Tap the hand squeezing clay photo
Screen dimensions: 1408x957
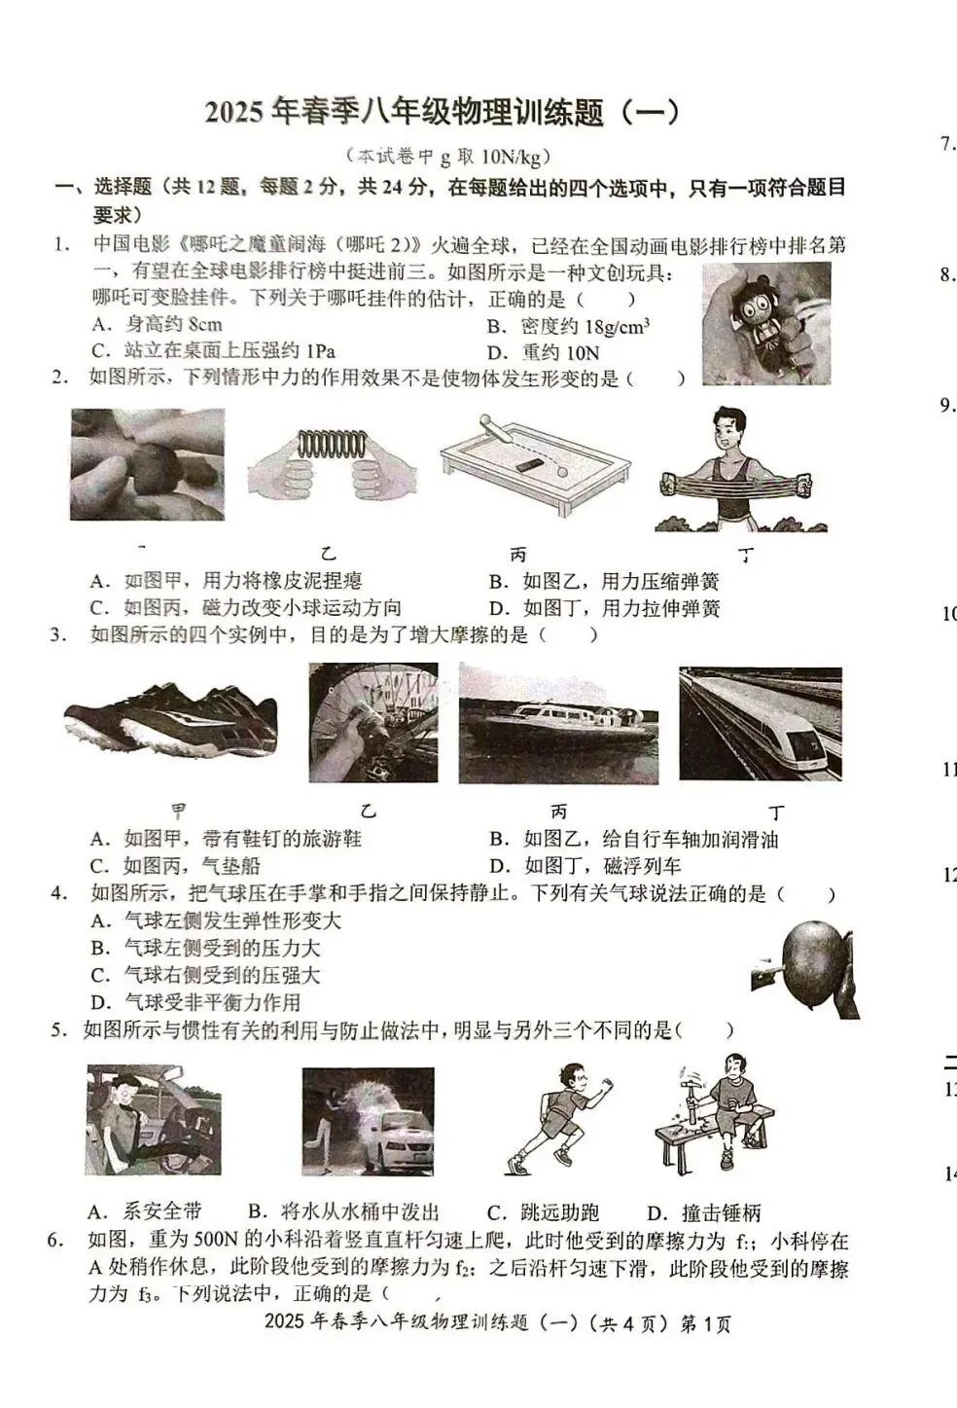pyautogui.click(x=147, y=464)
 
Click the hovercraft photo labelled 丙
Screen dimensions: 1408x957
pyautogui.click(x=558, y=724)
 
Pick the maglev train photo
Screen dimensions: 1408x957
pyautogui.click(x=760, y=724)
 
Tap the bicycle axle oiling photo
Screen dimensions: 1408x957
pyautogui.click(x=372, y=723)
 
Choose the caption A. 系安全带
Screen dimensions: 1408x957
pyautogui.click(x=145, y=1211)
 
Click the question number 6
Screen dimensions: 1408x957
pyautogui.click(x=56, y=1240)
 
